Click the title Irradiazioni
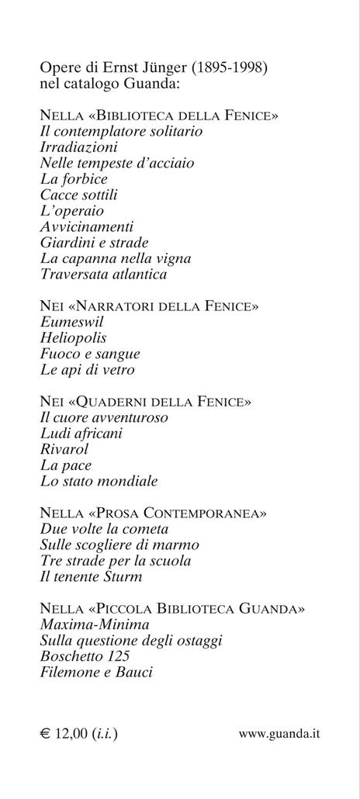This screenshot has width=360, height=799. (x=78, y=147)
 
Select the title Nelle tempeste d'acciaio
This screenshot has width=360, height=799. (x=116, y=163)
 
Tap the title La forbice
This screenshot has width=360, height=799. (x=74, y=179)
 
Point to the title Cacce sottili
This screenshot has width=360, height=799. (x=78, y=195)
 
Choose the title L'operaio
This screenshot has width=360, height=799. (x=71, y=211)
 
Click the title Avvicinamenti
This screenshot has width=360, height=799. (x=87, y=227)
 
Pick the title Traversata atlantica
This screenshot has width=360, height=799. (x=103, y=274)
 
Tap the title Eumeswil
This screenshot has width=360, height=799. (x=71, y=322)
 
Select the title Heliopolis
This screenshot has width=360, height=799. (x=73, y=338)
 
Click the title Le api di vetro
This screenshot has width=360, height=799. (x=87, y=370)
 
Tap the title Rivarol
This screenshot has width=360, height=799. (x=64, y=449)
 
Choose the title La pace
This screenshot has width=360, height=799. (x=65, y=465)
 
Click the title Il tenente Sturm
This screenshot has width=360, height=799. (x=91, y=576)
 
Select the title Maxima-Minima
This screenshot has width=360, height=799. (x=94, y=624)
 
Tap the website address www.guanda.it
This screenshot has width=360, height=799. (x=279, y=732)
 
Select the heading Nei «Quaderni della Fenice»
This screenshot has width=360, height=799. (x=146, y=402)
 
